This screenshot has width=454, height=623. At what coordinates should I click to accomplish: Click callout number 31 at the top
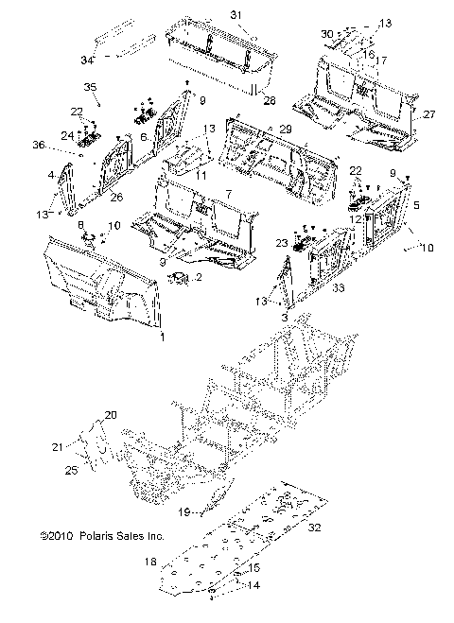(236, 15)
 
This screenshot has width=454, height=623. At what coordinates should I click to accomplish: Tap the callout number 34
(87, 60)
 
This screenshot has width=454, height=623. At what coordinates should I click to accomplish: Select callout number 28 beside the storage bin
(270, 100)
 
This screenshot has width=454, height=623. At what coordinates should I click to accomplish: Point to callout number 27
(429, 114)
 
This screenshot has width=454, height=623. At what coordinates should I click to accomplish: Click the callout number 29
(286, 129)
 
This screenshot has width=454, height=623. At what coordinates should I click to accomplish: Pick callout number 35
(90, 87)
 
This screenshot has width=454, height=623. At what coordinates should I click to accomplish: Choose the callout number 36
(39, 145)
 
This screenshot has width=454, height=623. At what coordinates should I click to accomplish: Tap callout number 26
(116, 197)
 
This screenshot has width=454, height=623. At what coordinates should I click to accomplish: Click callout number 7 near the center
(229, 195)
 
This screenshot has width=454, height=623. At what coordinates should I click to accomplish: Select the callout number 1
(162, 337)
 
